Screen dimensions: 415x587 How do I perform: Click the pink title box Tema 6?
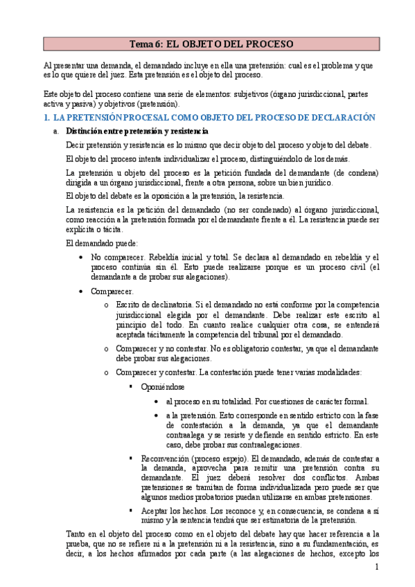tap(211, 44)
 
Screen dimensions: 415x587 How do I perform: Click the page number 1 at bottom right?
tap(376, 567)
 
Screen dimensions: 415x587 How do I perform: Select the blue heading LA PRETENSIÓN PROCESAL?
tap(214, 118)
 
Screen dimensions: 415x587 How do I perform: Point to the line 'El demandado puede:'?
tap(102, 243)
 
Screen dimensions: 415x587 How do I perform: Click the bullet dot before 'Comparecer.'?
tap(82, 291)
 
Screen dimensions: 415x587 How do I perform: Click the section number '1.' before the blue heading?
tap(46, 118)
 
